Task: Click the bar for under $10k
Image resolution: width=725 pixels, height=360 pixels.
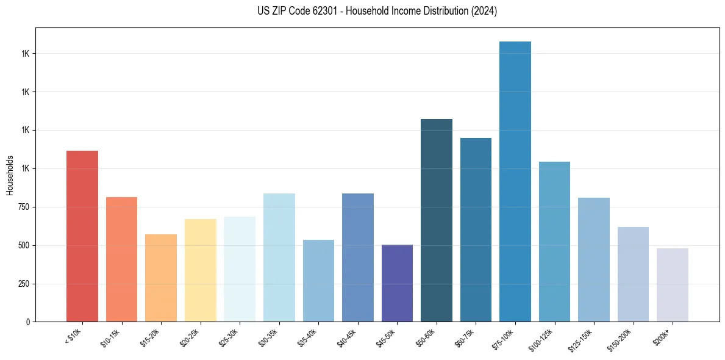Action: pos(82,236)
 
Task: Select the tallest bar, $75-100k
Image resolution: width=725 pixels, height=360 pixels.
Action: pos(515,181)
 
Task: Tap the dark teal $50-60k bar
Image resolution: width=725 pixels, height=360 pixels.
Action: pos(436,220)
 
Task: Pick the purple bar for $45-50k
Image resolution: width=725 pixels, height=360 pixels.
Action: pos(397,283)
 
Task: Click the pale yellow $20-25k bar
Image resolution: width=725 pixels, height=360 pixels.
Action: pos(200,270)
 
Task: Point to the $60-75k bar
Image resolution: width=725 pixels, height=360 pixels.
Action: pos(476,229)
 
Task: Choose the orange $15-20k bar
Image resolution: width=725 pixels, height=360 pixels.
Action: pos(161,278)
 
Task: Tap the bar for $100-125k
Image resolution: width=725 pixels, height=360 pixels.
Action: pos(554,242)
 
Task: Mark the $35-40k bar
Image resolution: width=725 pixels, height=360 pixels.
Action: pos(318,281)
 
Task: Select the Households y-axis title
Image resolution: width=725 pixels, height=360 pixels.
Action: pos(10,175)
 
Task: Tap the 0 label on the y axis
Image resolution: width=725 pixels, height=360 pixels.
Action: pos(28,322)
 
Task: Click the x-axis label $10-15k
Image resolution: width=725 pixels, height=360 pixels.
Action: pos(111,337)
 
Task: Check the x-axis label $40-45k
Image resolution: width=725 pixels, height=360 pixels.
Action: pos(347,337)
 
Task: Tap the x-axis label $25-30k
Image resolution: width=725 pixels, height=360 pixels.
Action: pos(229,337)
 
